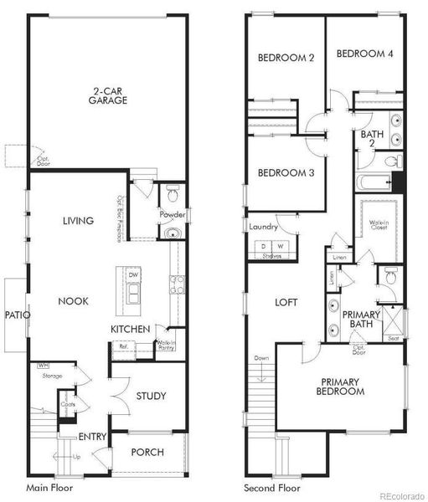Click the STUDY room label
click(151, 396)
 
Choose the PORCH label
click(147, 453)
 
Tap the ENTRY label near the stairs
click(92, 437)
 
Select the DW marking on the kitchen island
click(132, 274)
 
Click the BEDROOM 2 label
click(286, 58)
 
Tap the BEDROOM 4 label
click(364, 53)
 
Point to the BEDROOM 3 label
click(286, 173)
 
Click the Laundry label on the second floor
click(262, 227)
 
